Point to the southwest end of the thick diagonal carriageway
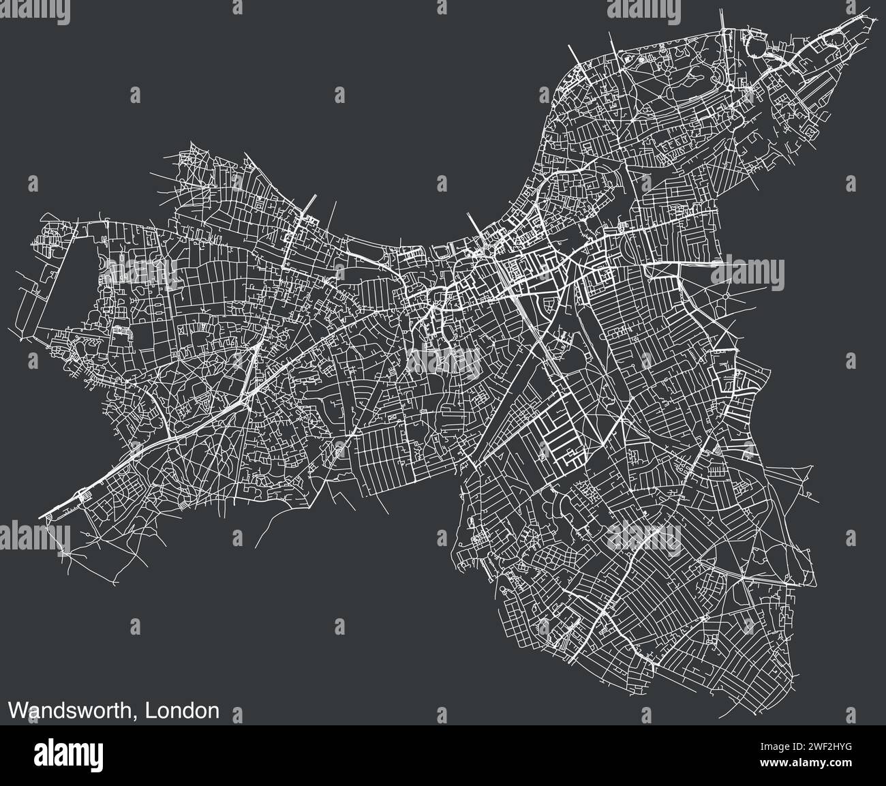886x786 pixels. coord(42,517)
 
